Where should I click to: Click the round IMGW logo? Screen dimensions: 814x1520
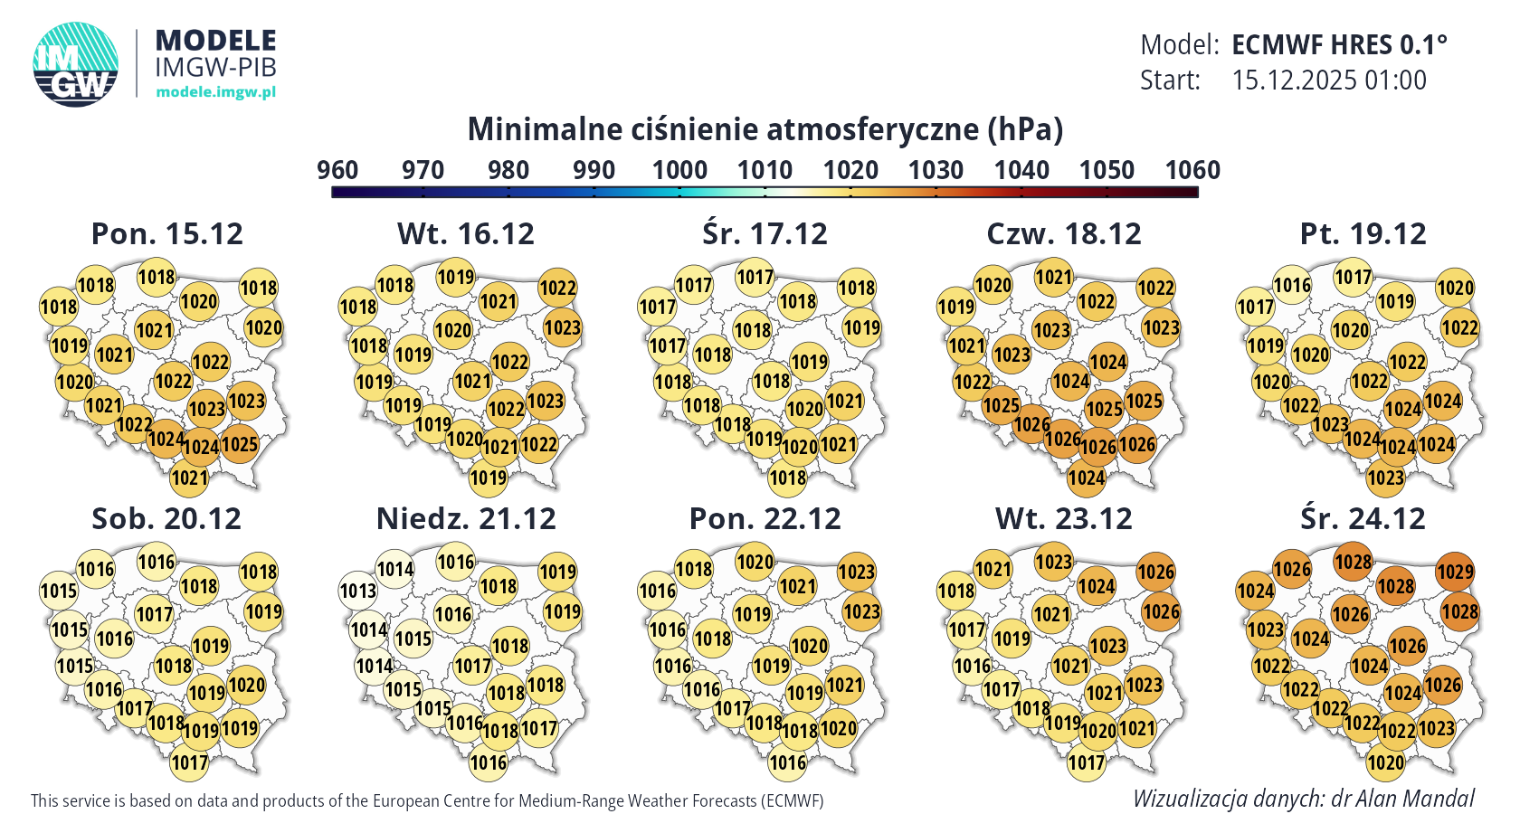pyautogui.click(x=76, y=63)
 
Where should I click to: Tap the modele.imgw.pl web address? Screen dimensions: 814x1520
pyautogui.click(x=215, y=91)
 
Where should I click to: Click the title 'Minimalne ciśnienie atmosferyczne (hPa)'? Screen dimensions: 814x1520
pyautogui.click(x=765, y=129)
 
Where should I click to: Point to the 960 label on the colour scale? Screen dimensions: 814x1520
pyautogui.click(x=337, y=170)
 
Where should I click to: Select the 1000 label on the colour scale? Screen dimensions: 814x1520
pyautogui.click(x=679, y=170)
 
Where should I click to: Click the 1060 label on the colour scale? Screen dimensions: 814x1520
pyautogui.click(x=1192, y=170)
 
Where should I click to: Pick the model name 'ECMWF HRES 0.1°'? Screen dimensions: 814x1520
pyautogui.click(x=1339, y=44)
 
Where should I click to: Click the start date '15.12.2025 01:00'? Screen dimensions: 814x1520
pyautogui.click(x=1329, y=80)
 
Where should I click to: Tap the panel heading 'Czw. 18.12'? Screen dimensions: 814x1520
pyautogui.click(x=1063, y=233)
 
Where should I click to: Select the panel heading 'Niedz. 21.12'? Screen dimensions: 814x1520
pyautogui.click(x=466, y=518)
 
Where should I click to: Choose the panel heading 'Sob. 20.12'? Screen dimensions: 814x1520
pyautogui.click(x=166, y=518)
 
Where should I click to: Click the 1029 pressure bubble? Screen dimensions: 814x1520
pyautogui.click(x=1455, y=572)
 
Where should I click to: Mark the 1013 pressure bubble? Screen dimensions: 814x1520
pyautogui.click(x=358, y=592)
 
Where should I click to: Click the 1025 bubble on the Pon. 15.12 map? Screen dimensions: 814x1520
pyautogui.click(x=240, y=444)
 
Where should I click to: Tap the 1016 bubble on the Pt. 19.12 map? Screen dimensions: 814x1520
pyautogui.click(x=1292, y=286)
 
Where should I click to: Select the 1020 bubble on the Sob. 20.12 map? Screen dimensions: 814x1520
pyautogui.click(x=246, y=685)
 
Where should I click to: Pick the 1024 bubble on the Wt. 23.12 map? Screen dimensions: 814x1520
pyautogui.click(x=1096, y=586)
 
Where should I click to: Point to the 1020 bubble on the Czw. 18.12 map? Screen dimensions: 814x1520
pyautogui.click(x=993, y=286)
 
